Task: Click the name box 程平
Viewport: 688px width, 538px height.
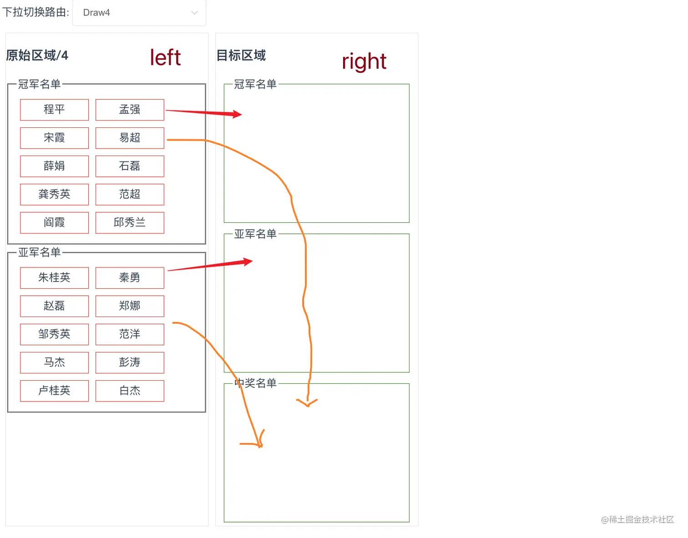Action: [x=54, y=110]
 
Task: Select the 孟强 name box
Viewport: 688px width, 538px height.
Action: [x=130, y=110]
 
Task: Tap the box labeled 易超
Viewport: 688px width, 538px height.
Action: [x=130, y=138]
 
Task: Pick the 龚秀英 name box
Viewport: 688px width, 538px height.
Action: [x=54, y=194]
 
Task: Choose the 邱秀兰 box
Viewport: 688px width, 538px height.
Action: [x=130, y=222]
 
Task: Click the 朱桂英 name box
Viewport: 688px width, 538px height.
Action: [x=54, y=277]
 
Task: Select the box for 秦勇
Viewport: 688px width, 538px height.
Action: [x=130, y=277]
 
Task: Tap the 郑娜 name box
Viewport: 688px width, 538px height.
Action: [x=130, y=306]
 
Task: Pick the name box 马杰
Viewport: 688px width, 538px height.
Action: [x=54, y=362]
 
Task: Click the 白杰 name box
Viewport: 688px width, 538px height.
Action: [x=130, y=391]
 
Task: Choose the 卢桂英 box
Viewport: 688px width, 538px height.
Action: [x=54, y=391]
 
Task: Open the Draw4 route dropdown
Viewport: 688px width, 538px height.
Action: [x=139, y=13]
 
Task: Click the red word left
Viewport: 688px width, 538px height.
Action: [x=165, y=58]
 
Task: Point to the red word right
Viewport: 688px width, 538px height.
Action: [x=364, y=61]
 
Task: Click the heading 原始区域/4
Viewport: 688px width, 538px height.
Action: [x=37, y=55]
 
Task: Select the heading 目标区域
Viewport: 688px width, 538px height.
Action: [x=241, y=55]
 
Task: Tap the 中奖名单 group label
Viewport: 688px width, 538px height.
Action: [x=255, y=383]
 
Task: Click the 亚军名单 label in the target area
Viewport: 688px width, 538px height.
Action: [x=255, y=234]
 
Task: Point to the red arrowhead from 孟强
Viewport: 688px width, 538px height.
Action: [x=237, y=114]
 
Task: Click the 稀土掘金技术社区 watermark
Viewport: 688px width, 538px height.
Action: [x=637, y=519]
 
